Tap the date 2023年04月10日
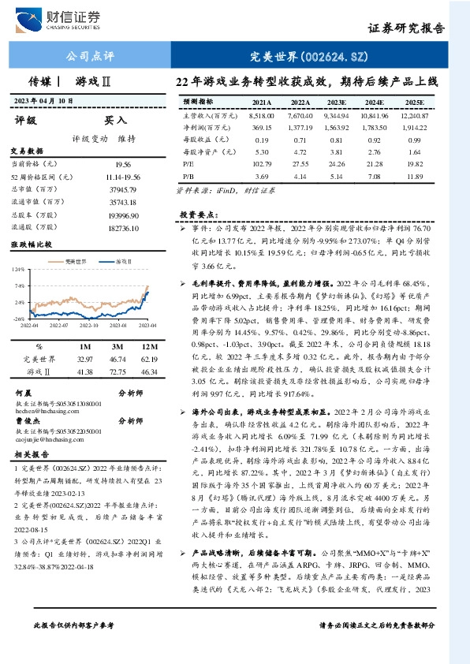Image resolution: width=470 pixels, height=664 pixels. coord(44,100)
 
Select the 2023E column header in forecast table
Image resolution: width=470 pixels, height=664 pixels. coord(336,103)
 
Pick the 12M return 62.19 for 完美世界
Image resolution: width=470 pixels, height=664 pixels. coord(147,359)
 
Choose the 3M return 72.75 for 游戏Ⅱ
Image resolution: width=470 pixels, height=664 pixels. coord(117,371)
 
